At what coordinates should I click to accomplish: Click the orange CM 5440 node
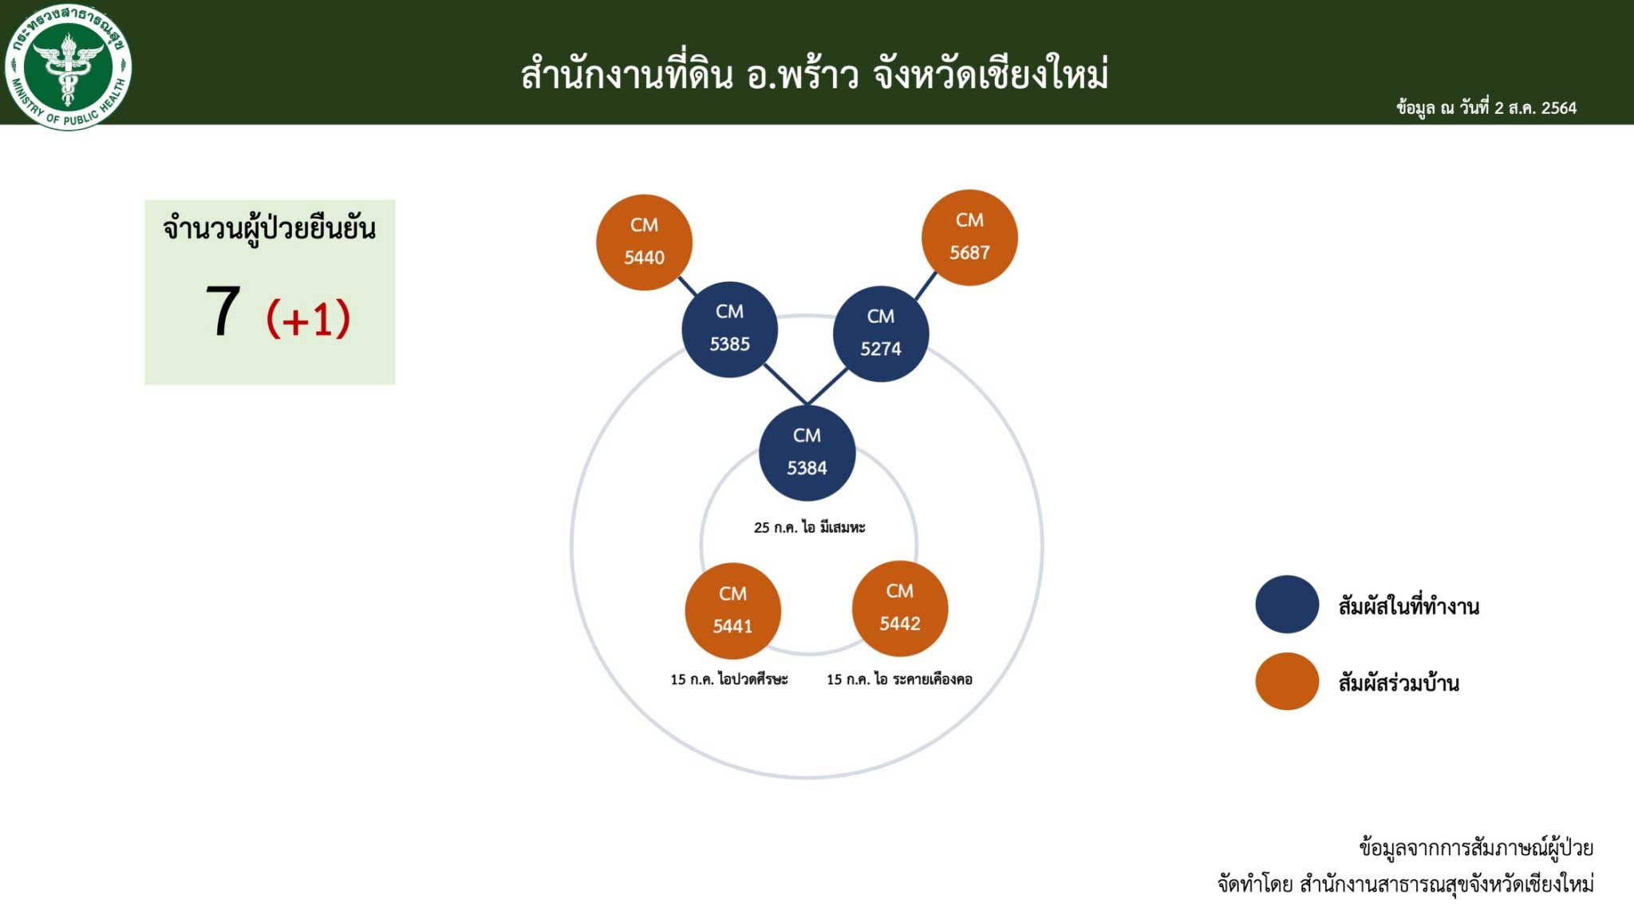coord(644,242)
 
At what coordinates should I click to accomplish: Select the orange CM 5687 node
coord(969,237)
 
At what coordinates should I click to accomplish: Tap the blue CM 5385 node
coord(729,329)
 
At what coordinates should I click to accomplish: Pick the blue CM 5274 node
coord(881,333)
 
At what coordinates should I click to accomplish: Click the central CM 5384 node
coord(807,452)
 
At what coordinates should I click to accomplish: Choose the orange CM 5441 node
coord(732,610)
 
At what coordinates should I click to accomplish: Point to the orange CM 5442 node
coord(900,608)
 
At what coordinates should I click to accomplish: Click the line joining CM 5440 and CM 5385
coord(687,286)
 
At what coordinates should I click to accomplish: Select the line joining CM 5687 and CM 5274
coord(926,286)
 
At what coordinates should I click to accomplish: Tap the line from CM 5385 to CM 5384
coord(785,385)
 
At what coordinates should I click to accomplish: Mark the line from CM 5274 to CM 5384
coord(827,386)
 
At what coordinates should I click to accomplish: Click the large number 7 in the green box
coord(223,311)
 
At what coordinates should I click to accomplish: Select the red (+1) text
coord(308,319)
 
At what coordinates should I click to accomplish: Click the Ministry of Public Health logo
coord(68,67)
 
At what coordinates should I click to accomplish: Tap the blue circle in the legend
coord(1287,605)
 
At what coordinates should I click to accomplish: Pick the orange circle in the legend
coord(1287,681)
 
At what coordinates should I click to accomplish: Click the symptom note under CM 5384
coord(809,527)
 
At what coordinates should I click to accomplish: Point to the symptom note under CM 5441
coord(728,679)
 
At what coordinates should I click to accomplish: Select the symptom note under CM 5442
coord(899,679)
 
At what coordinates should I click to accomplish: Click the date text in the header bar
coord(1486,108)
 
